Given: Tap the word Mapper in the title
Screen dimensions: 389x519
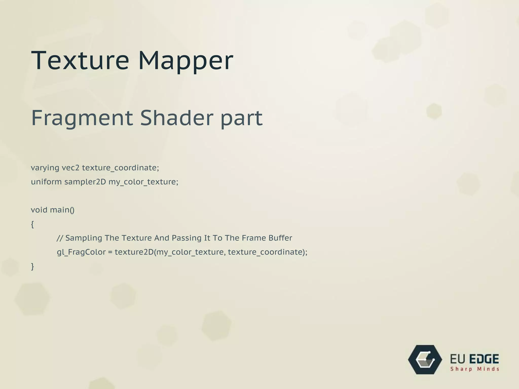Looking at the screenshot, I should click(186, 61).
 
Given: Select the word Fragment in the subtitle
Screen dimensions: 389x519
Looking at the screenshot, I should click(82, 118).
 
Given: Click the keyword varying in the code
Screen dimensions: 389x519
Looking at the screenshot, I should click(45, 168).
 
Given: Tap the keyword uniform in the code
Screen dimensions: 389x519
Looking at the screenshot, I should click(46, 182).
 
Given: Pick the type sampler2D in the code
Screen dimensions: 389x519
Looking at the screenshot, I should click(85, 182).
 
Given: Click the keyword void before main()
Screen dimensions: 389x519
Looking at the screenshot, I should click(39, 210).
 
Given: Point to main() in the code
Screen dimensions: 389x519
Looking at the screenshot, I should click(62, 210).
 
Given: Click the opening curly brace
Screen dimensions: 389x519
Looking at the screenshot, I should click(32, 224).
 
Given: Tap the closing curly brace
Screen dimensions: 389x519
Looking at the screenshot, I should click(32, 266).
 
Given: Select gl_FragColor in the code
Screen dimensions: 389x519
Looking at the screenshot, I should click(81, 252).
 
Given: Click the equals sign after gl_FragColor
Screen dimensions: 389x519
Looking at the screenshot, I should click(110, 252).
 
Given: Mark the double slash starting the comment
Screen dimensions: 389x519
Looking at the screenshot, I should click(60, 238).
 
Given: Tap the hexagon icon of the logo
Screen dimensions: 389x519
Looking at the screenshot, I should click(425, 360).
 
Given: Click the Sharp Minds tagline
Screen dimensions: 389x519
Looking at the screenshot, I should click(475, 369).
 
